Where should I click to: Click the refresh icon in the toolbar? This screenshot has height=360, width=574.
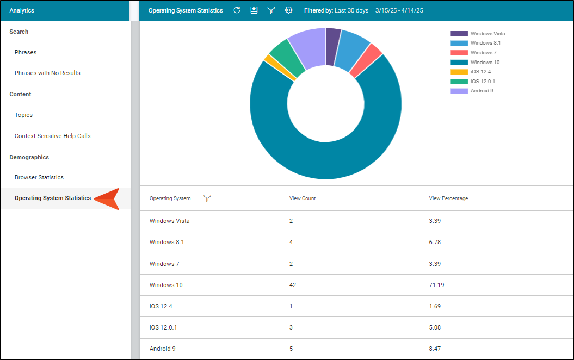click(x=237, y=10)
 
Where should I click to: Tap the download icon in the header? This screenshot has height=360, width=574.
click(x=254, y=10)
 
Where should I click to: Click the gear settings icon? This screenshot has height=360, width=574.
click(x=288, y=10)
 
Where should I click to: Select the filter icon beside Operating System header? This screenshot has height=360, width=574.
click(x=207, y=198)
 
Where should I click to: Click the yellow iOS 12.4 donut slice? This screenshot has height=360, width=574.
click(x=280, y=67)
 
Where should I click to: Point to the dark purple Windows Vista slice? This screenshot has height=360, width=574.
click(x=333, y=46)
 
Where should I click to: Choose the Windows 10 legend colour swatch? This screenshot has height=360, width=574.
click(x=459, y=62)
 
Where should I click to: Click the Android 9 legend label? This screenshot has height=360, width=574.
click(x=482, y=91)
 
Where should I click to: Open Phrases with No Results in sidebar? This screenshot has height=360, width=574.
click(x=47, y=73)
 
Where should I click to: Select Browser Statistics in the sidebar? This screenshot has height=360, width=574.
click(x=39, y=177)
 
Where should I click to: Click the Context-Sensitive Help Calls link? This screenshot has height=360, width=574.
click(x=52, y=136)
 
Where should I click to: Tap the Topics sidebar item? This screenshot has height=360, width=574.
click(x=23, y=115)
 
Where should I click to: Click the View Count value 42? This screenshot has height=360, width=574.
click(x=293, y=285)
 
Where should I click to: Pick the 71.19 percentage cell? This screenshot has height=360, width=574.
click(x=436, y=285)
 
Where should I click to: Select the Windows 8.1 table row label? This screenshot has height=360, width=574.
click(x=166, y=242)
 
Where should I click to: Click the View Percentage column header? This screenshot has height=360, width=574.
click(x=448, y=198)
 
